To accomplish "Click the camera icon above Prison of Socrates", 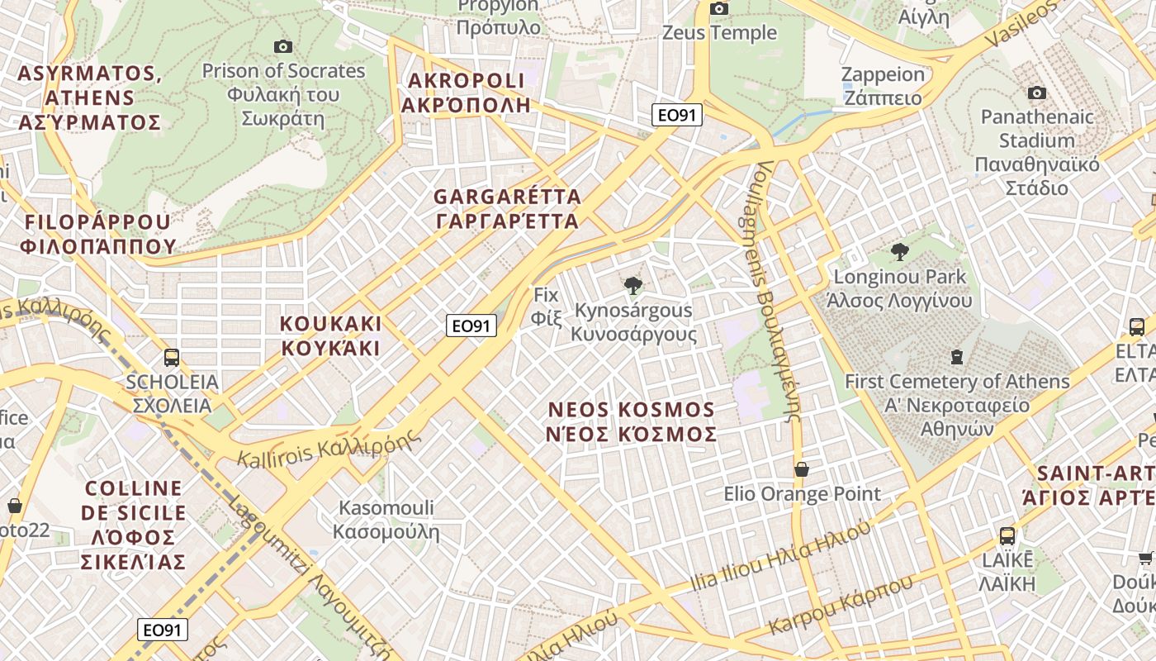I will coord(283,46).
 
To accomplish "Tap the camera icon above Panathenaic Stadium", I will coord(1037,93).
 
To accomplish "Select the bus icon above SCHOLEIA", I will coord(172,358).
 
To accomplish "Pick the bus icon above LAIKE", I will coord(1007,535).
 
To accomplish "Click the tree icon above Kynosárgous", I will coord(633,286).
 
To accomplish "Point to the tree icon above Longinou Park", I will coord(900,252).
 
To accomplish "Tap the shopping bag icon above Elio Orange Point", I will coord(801,469).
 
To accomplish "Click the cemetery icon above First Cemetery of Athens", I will coord(957,357).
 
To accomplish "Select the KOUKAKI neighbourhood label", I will coord(331,335).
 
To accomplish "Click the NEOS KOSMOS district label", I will coord(632,422).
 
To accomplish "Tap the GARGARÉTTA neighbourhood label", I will coord(507,209).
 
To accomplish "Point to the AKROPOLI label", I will coord(466,93).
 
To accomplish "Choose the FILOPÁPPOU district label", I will coord(98,234).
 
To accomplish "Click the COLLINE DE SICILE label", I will coord(133,525).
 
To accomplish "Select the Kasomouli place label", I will coord(386,519).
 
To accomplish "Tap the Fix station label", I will coord(546,307).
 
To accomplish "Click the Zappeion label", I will coord(883,86).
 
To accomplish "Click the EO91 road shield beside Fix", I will coord(471,326).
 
